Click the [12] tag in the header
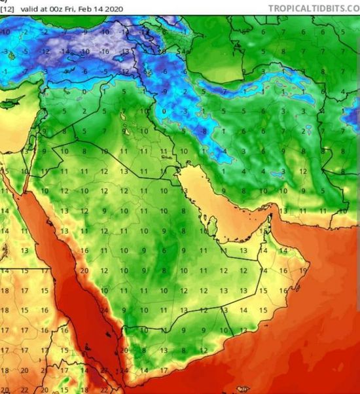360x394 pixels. tap(7, 9)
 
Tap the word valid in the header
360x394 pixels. tap(27, 9)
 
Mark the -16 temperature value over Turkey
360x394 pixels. tap(105, 51)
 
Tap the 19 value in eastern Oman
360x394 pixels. tap(303, 270)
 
